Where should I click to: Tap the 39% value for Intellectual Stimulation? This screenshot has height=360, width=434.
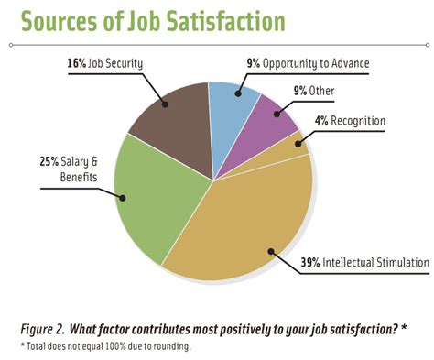click(311, 263)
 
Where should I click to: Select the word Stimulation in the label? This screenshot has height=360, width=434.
click(394, 263)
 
